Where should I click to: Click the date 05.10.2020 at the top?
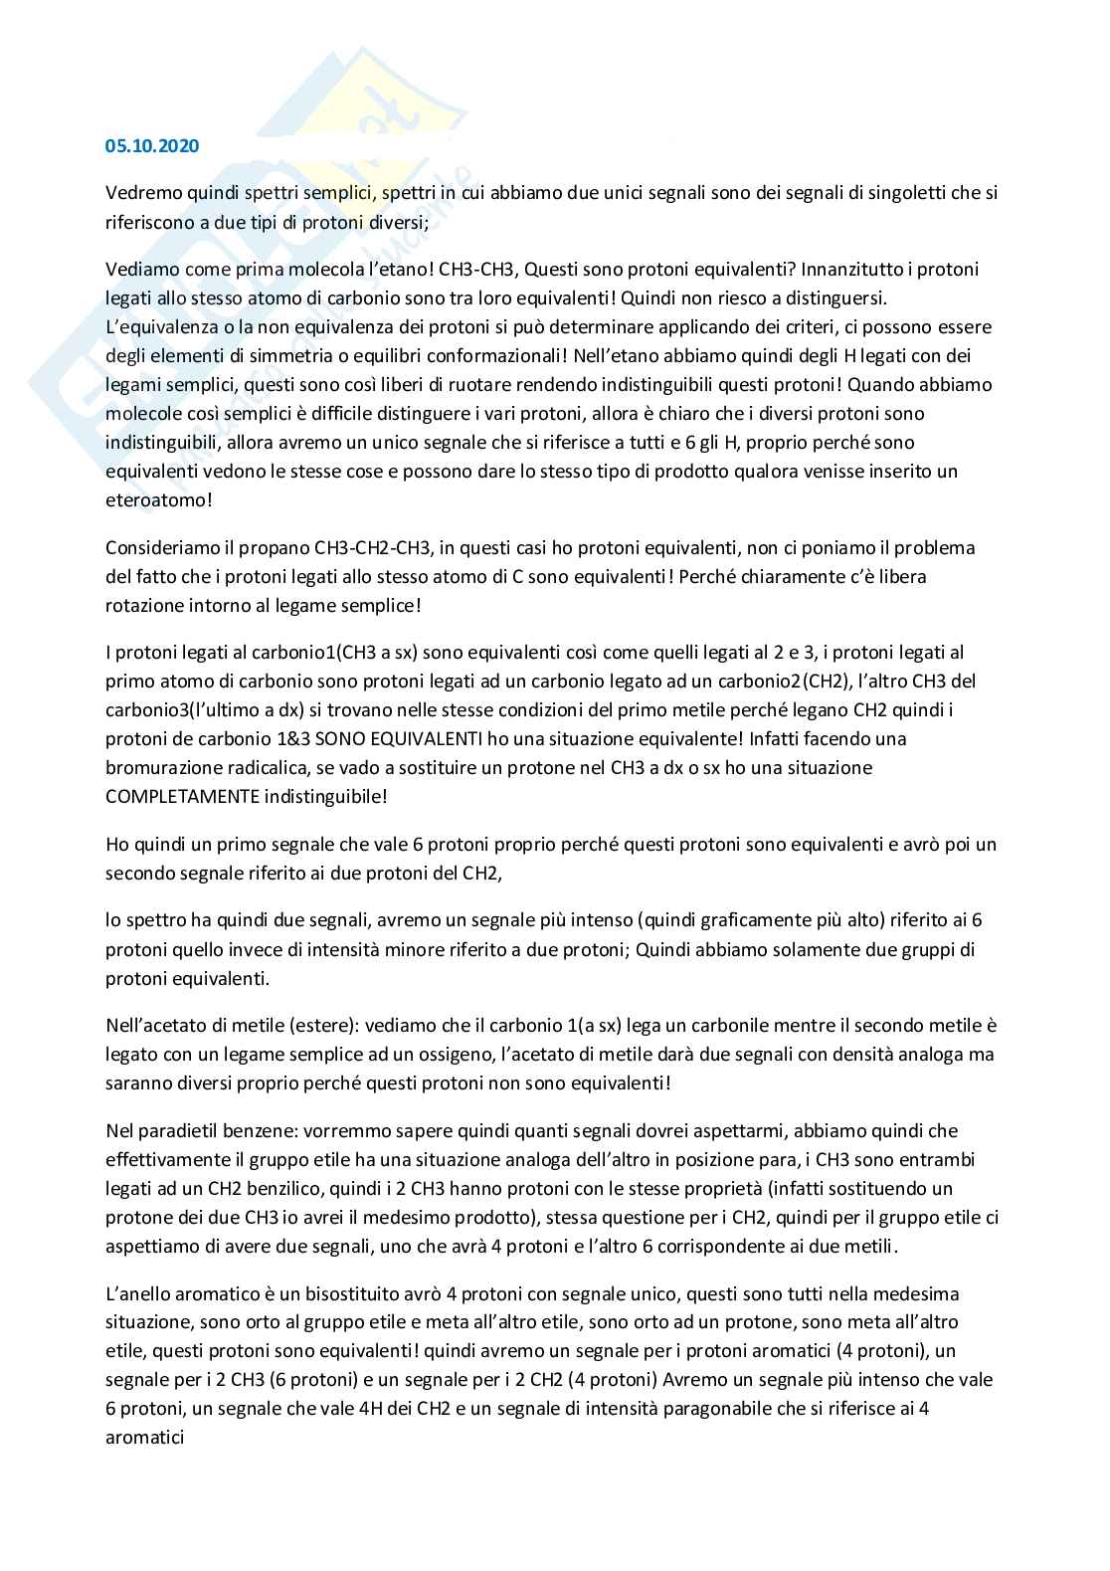(152, 146)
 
